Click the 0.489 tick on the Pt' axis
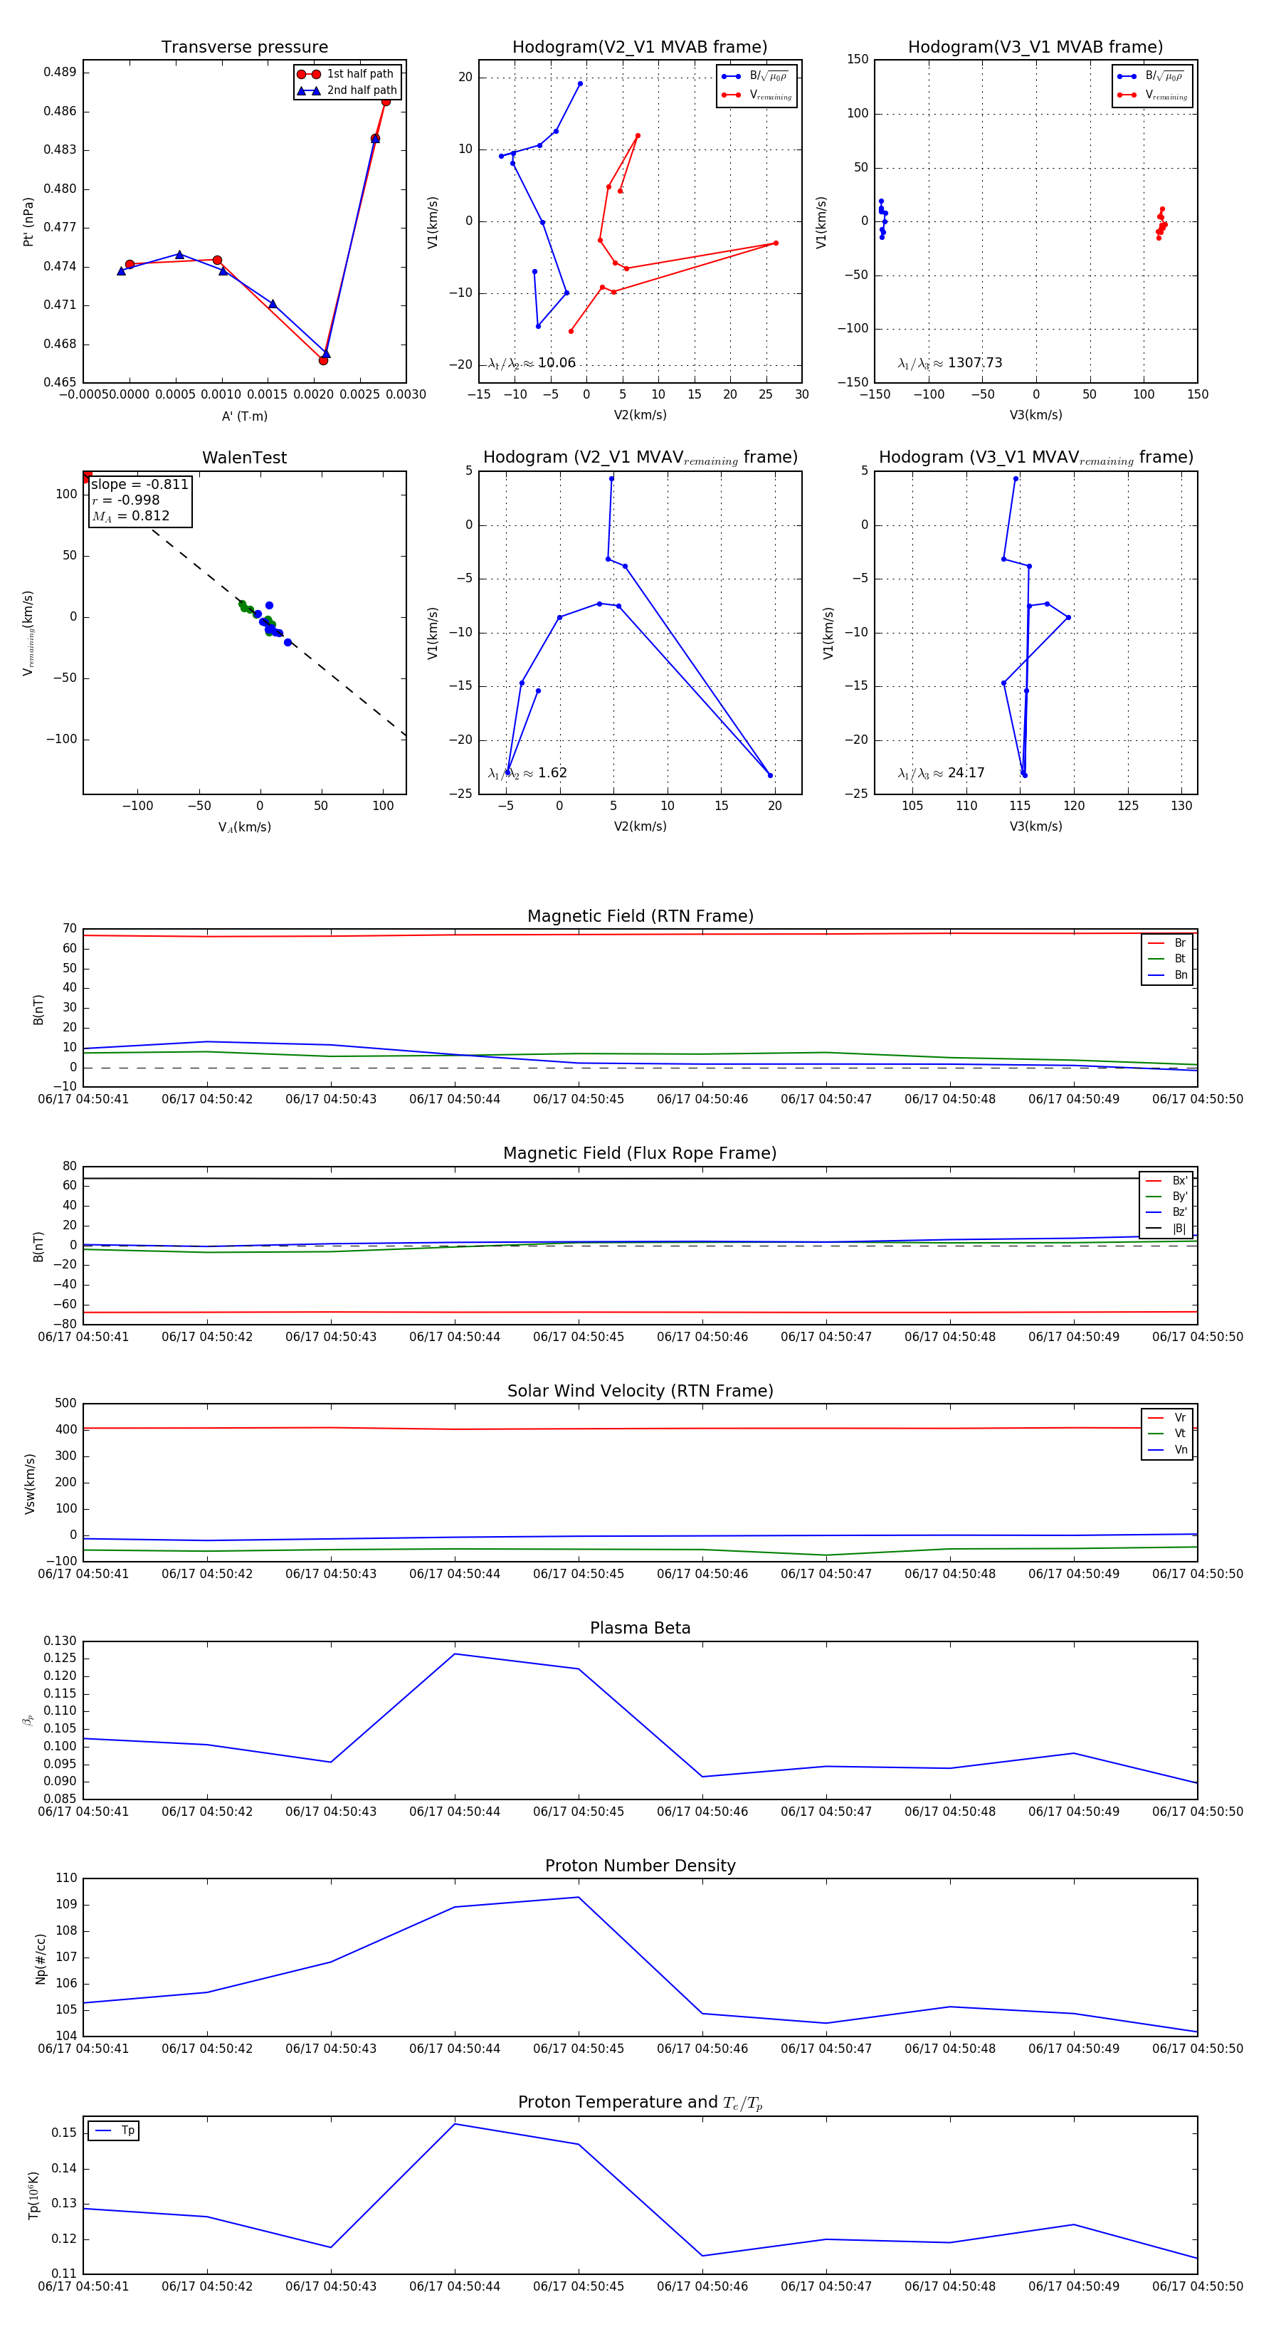tap(60, 72)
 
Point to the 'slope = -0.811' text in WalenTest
tap(139, 484)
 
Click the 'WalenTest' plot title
tap(244, 458)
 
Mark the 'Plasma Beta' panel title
tap(640, 1628)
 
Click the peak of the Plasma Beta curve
tap(455, 1654)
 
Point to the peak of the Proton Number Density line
tap(578, 1898)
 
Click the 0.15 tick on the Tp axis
tap(64, 2133)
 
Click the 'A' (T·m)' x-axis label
tap(244, 416)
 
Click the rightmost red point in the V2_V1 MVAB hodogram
tap(776, 243)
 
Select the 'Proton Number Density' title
tap(640, 1866)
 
